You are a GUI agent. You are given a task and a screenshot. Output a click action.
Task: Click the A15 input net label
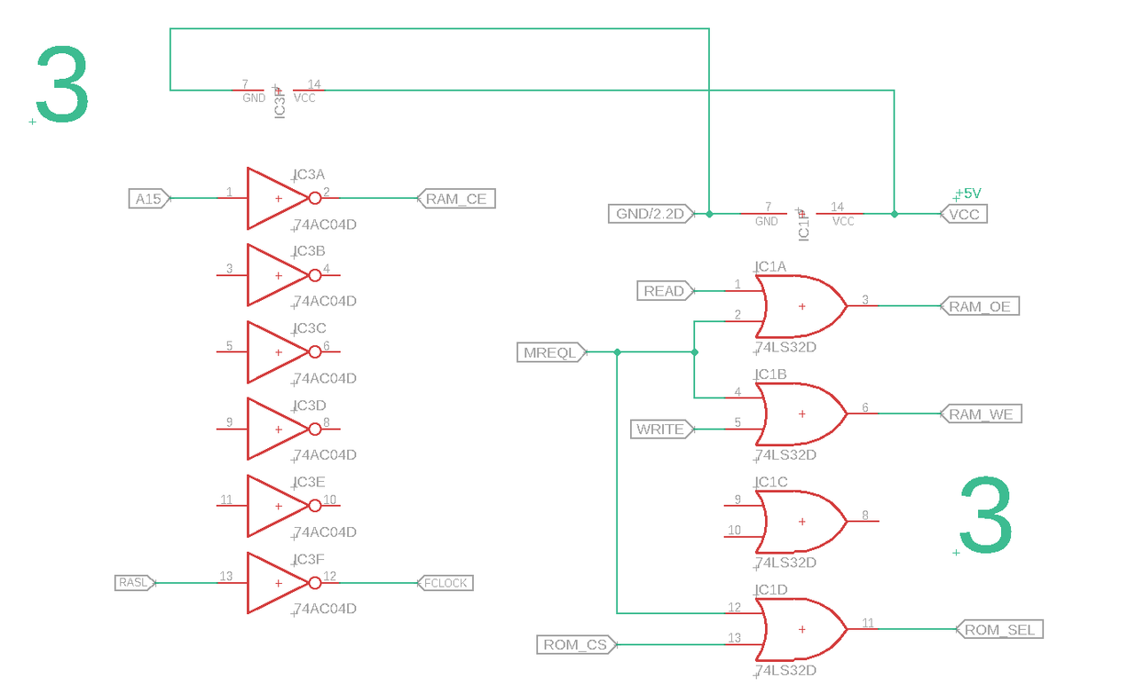pyautogui.click(x=148, y=199)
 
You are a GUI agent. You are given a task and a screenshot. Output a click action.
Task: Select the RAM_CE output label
pyautogui.click(x=456, y=199)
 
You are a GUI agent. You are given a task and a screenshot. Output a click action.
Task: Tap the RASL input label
pyautogui.click(x=133, y=583)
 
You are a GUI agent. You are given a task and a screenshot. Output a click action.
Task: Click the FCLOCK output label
pyautogui.click(x=446, y=583)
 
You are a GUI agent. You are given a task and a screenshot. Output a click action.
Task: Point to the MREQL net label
pyautogui.click(x=550, y=352)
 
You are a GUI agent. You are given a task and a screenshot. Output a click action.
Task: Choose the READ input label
pyautogui.click(x=664, y=291)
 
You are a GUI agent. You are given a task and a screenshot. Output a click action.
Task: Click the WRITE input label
pyautogui.click(x=660, y=429)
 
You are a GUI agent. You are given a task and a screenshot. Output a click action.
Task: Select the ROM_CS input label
pyautogui.click(x=575, y=645)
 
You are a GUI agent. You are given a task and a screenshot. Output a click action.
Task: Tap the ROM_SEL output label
pyautogui.click(x=998, y=629)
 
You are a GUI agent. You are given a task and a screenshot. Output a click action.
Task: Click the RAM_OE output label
pyautogui.click(x=980, y=306)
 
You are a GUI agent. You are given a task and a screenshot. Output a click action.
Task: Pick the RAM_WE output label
pyautogui.click(x=981, y=414)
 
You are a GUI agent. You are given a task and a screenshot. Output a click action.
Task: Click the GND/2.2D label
pyautogui.click(x=651, y=214)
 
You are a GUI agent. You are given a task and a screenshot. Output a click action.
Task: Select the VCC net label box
pyautogui.click(x=963, y=214)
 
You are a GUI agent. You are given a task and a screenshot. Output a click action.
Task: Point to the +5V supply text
pyautogui.click(x=967, y=193)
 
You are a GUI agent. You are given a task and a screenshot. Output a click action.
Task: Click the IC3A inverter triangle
pyautogui.click(x=275, y=199)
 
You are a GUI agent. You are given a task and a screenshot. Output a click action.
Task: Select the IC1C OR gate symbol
pyautogui.click(x=799, y=522)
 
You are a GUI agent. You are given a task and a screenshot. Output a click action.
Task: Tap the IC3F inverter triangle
pyautogui.click(x=275, y=583)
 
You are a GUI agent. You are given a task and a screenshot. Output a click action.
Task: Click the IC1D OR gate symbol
pyautogui.click(x=799, y=629)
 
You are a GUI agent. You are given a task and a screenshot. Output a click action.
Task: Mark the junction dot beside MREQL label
pyautogui.click(x=618, y=352)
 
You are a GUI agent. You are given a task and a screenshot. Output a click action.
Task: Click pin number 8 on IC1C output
pyautogui.click(x=865, y=515)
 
